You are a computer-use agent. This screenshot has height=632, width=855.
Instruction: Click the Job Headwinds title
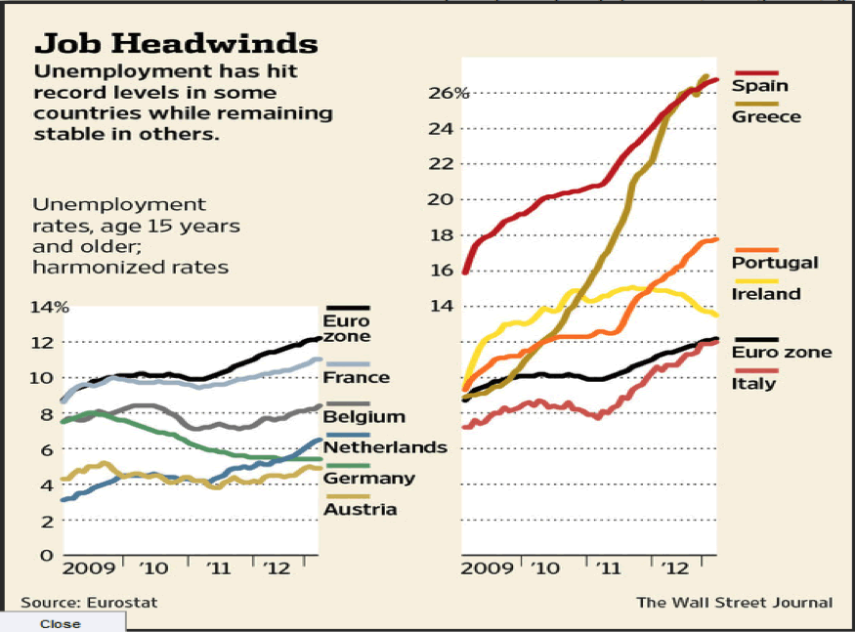pyautogui.click(x=176, y=44)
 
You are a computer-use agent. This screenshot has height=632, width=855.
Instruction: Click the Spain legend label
pyautogui.click(x=760, y=86)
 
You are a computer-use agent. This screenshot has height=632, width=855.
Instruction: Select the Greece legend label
pyautogui.click(x=767, y=117)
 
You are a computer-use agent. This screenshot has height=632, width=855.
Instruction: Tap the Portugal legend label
pyautogui.click(x=775, y=263)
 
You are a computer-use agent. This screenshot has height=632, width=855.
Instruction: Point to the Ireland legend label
pyautogui.click(x=766, y=294)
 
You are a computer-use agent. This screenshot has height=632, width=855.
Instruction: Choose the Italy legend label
pyautogui.click(x=753, y=383)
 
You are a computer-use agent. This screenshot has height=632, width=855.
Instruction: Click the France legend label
pyautogui.click(x=357, y=377)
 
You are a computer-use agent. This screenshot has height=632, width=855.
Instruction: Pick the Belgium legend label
pyautogui.click(x=363, y=417)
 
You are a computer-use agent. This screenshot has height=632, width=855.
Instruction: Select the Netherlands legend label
pyautogui.click(x=385, y=447)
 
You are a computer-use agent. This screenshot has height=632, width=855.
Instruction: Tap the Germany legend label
pyautogui.click(x=369, y=479)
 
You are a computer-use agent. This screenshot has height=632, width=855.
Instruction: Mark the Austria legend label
pyautogui.click(x=360, y=509)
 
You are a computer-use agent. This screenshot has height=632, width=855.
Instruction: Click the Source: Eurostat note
pyautogui.click(x=89, y=603)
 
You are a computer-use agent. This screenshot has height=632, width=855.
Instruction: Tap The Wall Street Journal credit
pyautogui.click(x=735, y=603)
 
